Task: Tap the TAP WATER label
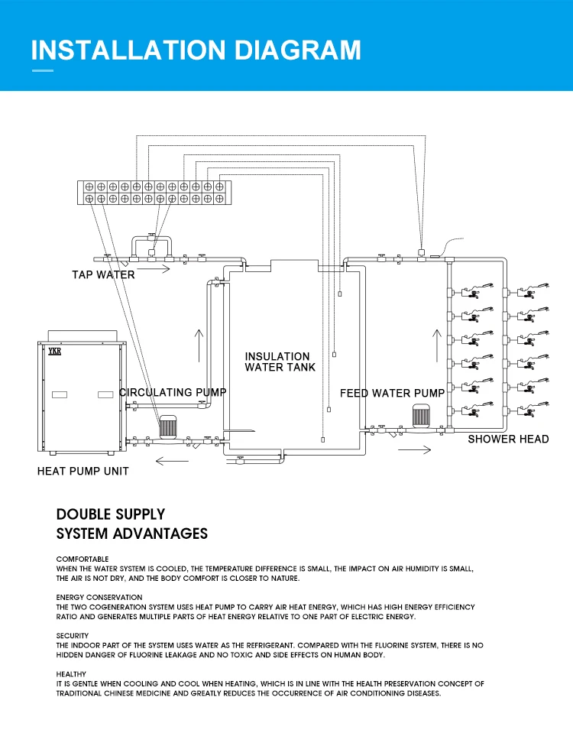(103, 275)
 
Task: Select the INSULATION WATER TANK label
(279, 362)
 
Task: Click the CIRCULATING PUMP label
(173, 393)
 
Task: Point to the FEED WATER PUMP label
(392, 393)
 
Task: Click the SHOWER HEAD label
(508, 439)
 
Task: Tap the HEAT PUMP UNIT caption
(83, 471)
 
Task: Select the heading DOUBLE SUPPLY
(111, 514)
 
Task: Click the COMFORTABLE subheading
(83, 559)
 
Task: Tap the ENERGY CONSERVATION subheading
(99, 597)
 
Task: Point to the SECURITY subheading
(73, 635)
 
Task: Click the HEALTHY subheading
(71, 673)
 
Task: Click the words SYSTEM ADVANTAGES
(132, 534)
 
